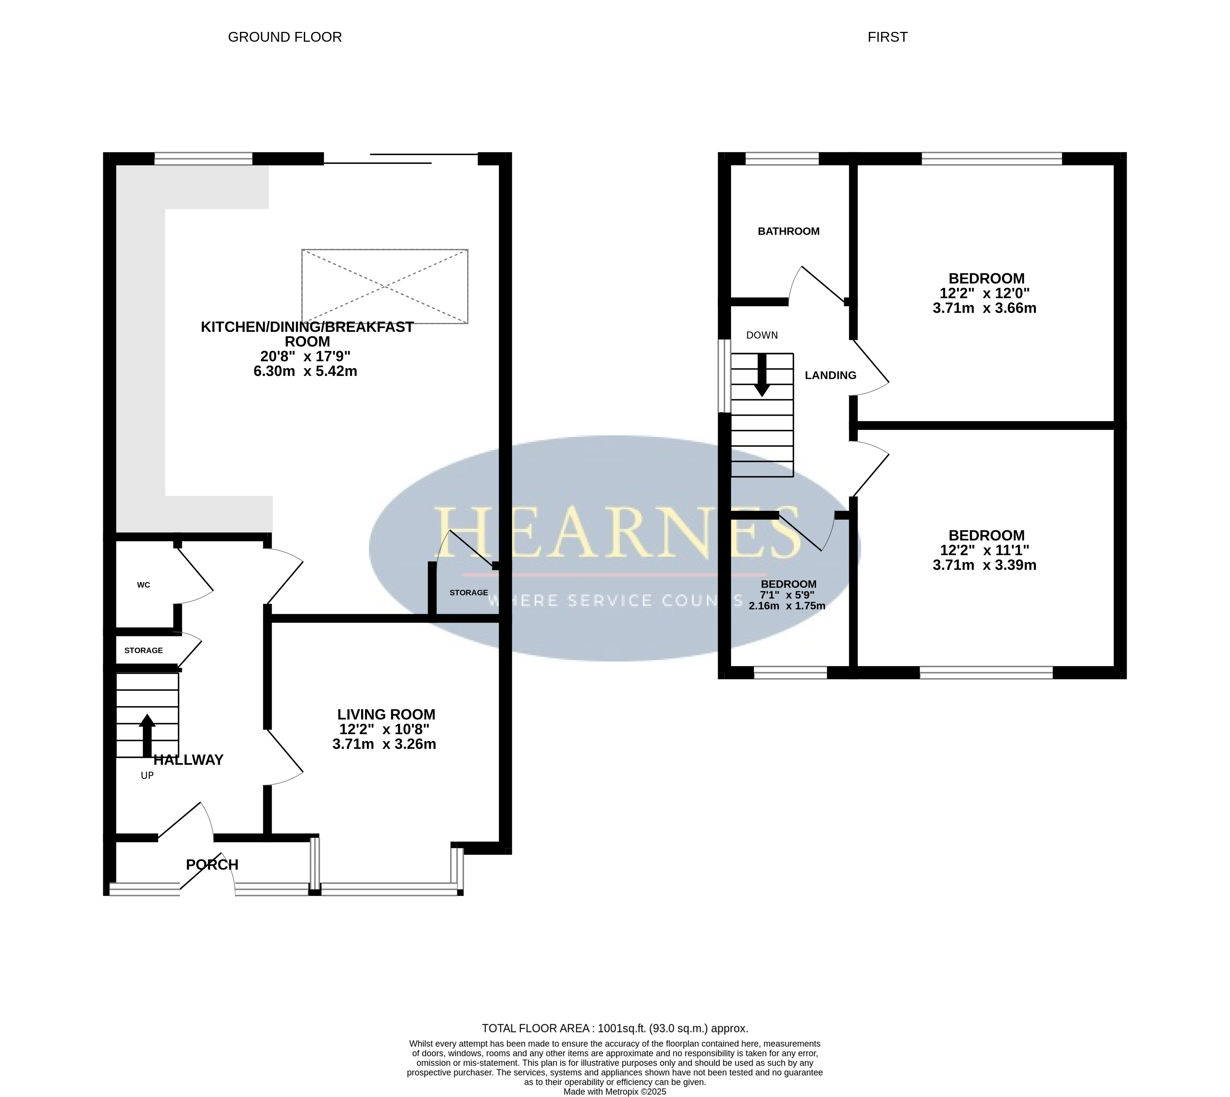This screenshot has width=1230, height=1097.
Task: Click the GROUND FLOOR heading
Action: [x=284, y=38]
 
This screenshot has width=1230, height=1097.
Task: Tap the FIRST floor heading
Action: [x=887, y=38]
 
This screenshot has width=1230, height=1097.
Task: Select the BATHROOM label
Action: [x=788, y=231]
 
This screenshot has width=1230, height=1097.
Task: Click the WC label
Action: [x=143, y=585]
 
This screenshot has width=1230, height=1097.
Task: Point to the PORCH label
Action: [x=212, y=865]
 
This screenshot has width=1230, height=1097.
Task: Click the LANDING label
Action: [x=831, y=376]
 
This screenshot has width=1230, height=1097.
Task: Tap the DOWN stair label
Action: [x=762, y=335]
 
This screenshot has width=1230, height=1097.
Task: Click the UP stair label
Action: [x=147, y=776]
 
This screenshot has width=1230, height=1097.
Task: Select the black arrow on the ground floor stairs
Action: [x=147, y=735]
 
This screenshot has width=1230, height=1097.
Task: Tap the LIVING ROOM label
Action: [x=386, y=714]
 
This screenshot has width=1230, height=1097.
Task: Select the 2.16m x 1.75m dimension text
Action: [x=787, y=606]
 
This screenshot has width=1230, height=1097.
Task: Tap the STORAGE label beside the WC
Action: [x=143, y=650]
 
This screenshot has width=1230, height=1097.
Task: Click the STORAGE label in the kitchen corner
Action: [x=469, y=592]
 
